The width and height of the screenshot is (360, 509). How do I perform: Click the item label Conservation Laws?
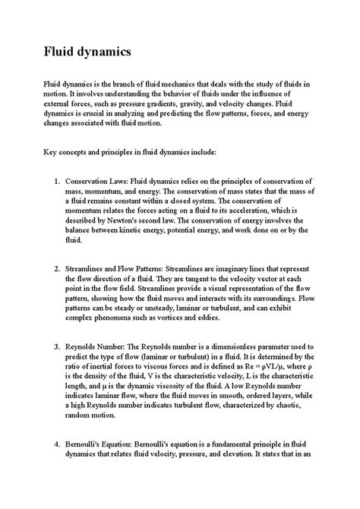click(x=96, y=182)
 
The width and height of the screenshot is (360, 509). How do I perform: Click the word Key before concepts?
click(x=50, y=151)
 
